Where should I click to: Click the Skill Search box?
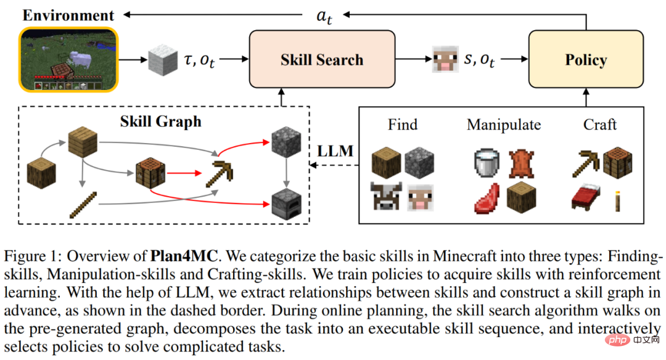coord(321,60)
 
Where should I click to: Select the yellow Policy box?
coord(586,60)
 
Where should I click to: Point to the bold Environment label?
coord(68,15)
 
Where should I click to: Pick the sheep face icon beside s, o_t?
coord(442,59)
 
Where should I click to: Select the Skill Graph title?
coord(161,121)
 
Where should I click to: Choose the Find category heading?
coord(403,125)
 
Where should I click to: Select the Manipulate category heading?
coord(504,125)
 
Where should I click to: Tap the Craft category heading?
coord(600,125)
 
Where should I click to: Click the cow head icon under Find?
coord(386,197)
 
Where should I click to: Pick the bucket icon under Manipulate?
coord(487,162)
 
